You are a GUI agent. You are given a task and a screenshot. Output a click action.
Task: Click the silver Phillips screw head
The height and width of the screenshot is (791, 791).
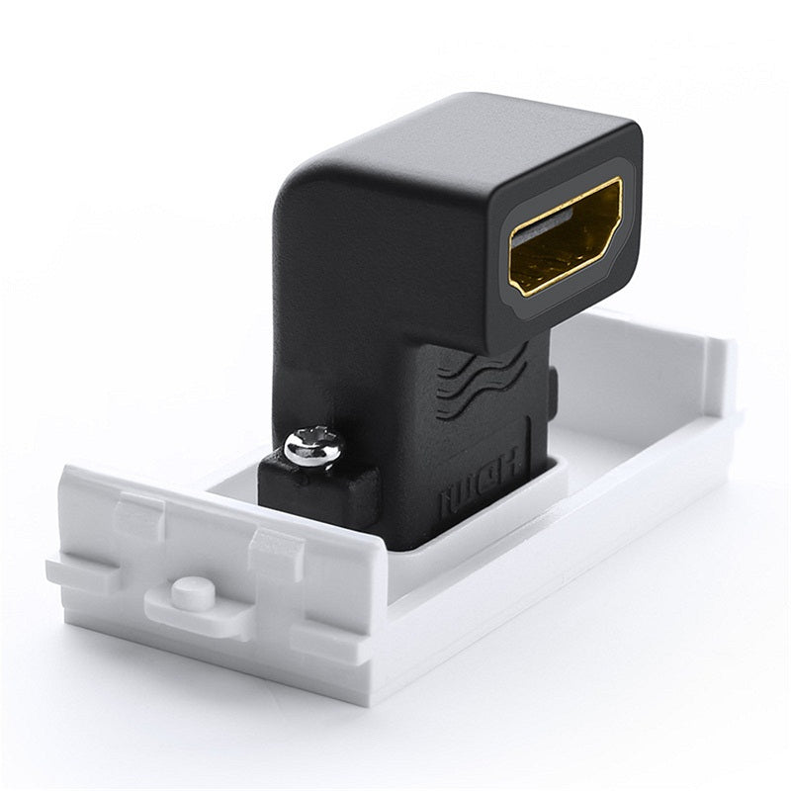[312, 448]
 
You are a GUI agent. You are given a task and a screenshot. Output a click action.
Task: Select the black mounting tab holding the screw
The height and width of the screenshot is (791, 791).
[316, 489]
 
